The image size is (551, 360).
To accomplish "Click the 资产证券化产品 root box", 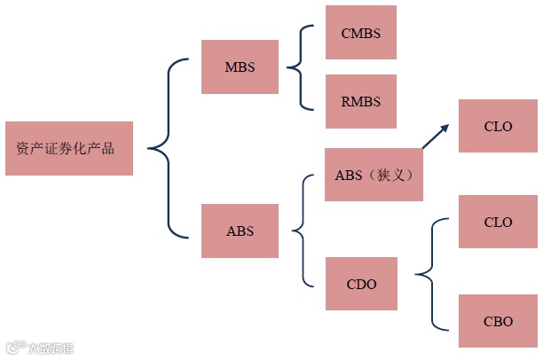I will click(x=69, y=148).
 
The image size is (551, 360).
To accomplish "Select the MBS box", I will click(x=240, y=67).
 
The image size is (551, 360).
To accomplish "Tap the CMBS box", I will click(x=360, y=33).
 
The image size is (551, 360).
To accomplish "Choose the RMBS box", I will click(x=360, y=101).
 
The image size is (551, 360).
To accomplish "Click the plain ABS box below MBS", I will click(x=240, y=231).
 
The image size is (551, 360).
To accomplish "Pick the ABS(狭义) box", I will click(x=374, y=175).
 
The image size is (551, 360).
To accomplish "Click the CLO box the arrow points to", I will click(x=498, y=126).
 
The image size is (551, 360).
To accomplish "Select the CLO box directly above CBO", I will click(x=498, y=222).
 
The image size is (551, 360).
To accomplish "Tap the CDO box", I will click(x=361, y=284).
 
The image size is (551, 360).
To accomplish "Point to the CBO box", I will click(x=498, y=321).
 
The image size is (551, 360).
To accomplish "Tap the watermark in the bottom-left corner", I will click(x=40, y=348).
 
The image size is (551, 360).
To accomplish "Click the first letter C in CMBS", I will click(x=345, y=33).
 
